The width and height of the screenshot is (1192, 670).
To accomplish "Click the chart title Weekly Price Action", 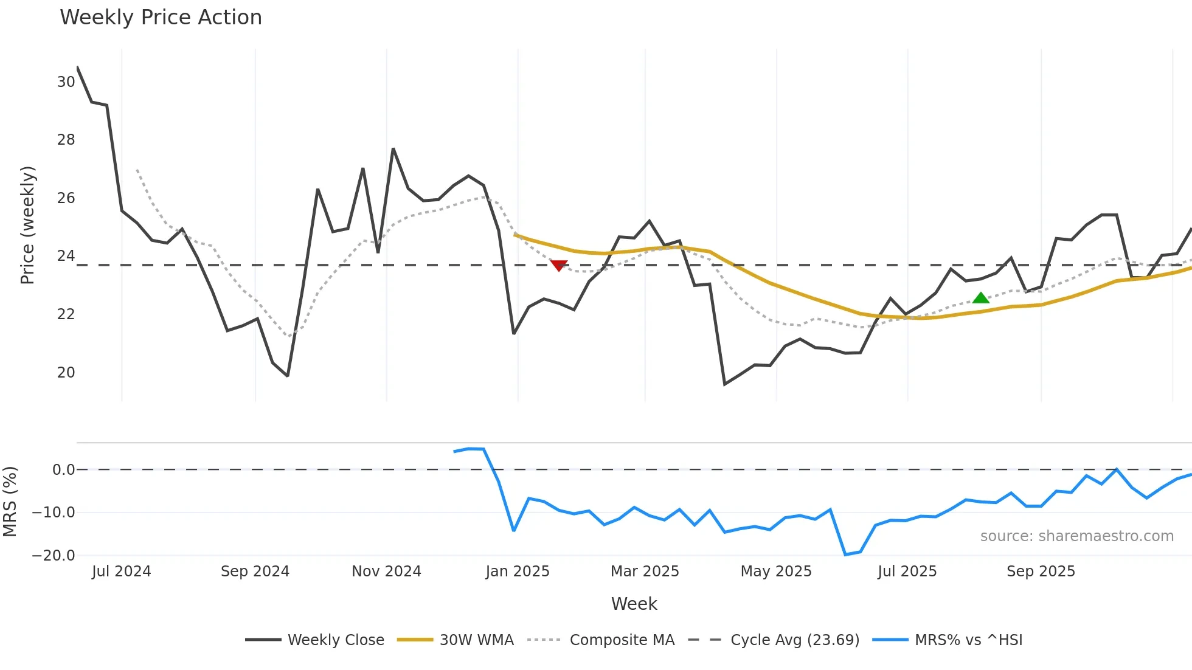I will pos(161,18).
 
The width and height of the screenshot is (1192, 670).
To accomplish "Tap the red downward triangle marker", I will pos(559,265).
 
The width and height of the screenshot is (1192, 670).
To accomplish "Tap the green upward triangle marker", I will pos(980,298).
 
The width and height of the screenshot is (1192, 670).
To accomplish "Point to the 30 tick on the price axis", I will pos(66,82).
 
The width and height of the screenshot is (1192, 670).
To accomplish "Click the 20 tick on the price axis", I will pos(66,373).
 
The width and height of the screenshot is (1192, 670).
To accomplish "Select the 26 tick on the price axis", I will pos(66,198).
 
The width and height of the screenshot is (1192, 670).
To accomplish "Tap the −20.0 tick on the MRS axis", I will pos(54,556).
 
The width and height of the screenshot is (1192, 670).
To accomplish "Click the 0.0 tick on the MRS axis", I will pos(63,470).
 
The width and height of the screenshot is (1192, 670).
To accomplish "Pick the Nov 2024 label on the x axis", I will pos(386,572).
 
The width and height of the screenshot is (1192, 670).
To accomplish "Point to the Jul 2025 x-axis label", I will pos(907,572).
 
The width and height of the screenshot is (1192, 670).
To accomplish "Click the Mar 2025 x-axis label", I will pos(645,572).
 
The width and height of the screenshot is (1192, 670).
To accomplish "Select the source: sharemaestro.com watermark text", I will pos(1076,536).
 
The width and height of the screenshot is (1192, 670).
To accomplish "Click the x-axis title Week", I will pos(634,604).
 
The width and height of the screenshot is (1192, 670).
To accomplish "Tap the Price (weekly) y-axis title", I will pos(27,225).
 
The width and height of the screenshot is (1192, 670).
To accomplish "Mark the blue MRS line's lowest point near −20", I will pos(845,554).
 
